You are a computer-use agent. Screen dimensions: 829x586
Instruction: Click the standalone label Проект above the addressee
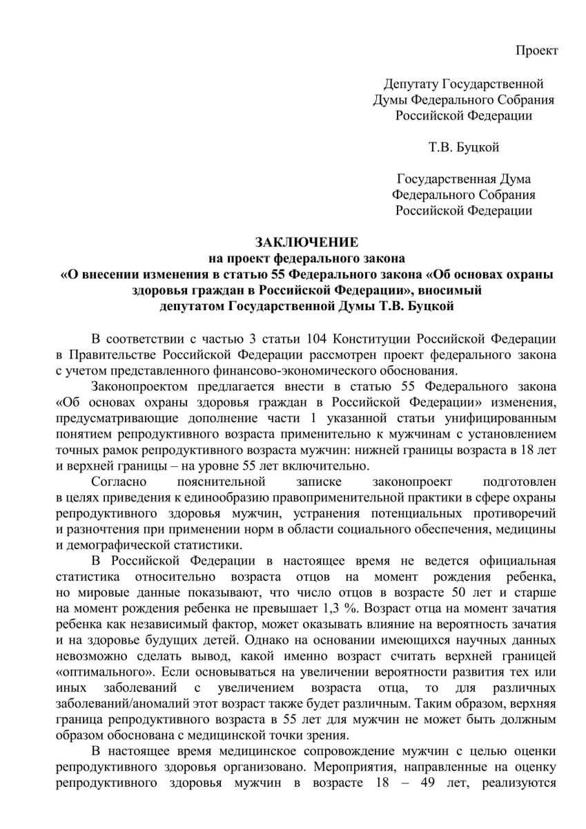coord(537,50)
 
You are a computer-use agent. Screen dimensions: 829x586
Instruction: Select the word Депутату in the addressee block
coord(410,84)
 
